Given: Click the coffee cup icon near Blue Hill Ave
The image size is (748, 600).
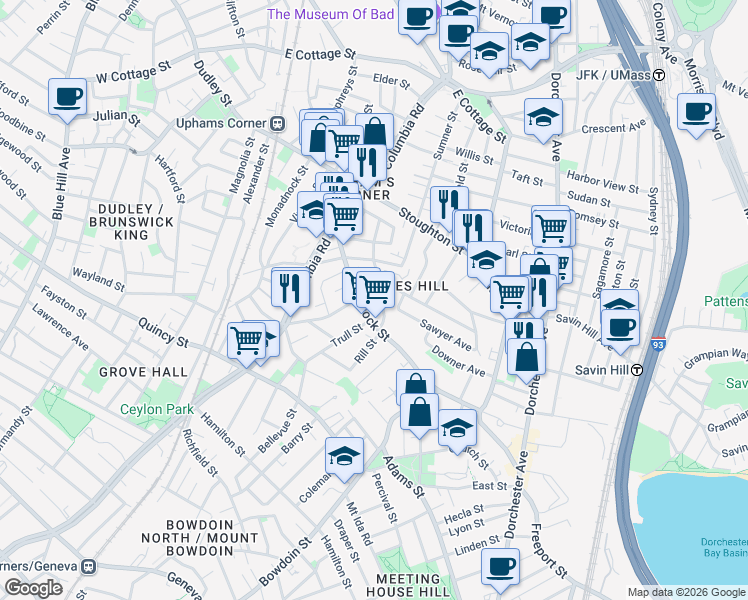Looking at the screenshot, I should (67, 97).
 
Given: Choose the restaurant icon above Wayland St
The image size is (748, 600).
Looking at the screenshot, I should (287, 287).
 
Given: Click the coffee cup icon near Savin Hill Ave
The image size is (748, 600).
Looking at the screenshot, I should (620, 326).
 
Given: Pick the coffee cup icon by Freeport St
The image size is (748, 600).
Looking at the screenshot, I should (500, 565).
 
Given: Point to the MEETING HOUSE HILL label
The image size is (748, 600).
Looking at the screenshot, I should (407, 586).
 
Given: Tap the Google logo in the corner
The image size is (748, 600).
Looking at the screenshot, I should (33, 588).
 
